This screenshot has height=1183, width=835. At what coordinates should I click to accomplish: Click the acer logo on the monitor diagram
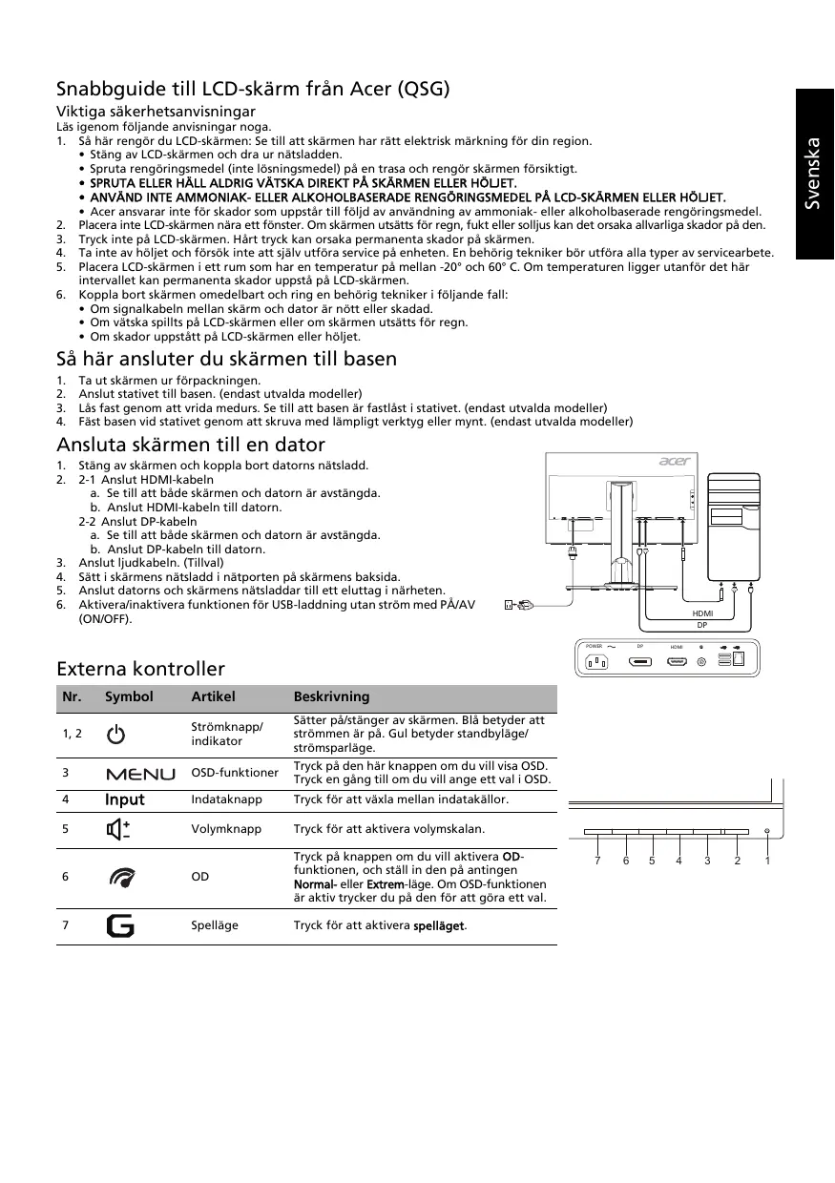click(x=675, y=463)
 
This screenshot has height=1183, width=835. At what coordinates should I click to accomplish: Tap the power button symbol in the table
click(x=115, y=735)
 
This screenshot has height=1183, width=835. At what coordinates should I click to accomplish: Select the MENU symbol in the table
click(x=140, y=773)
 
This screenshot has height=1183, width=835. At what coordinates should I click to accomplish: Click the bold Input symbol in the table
click(x=125, y=799)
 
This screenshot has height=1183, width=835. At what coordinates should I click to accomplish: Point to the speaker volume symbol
click(x=118, y=829)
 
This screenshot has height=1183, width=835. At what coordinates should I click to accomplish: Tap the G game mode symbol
click(x=120, y=925)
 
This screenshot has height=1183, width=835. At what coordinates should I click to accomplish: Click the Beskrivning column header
click(x=331, y=696)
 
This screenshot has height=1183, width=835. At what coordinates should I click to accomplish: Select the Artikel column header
click(x=213, y=696)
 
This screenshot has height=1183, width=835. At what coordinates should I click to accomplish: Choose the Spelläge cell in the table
click(x=215, y=925)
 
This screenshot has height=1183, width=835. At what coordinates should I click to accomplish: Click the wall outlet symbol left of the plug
click(x=508, y=604)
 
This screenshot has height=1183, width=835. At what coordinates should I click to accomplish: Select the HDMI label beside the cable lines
click(x=702, y=613)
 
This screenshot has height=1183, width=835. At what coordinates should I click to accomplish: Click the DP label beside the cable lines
click(x=702, y=625)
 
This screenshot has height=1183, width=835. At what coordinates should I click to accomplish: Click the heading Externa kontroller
click(x=140, y=668)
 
